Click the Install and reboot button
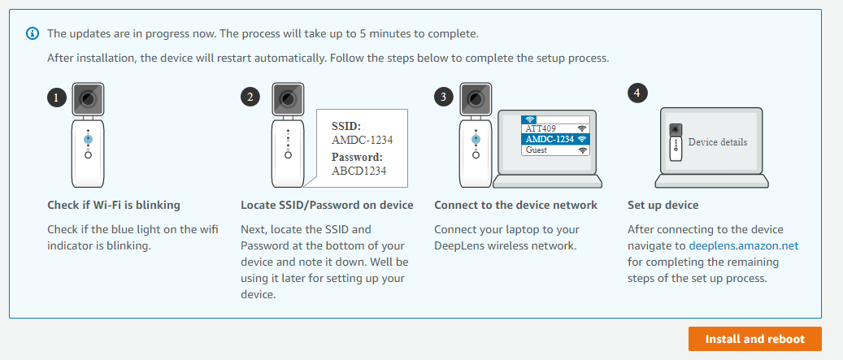point(755,339)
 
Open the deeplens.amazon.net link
point(744,245)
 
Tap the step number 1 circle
point(57,98)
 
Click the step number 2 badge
point(250,98)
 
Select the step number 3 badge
point(443,98)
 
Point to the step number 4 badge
point(637,93)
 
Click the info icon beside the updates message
point(33,33)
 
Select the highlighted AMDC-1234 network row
point(555,139)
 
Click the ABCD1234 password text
point(359,171)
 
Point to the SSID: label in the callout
point(346,126)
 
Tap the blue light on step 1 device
point(88,139)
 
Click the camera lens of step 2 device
point(288,99)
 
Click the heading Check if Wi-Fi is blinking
point(114,206)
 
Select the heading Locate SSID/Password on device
point(327,206)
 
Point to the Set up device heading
point(663,206)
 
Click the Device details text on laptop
point(718,142)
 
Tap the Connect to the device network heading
point(515,206)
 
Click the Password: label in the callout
point(357,158)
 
